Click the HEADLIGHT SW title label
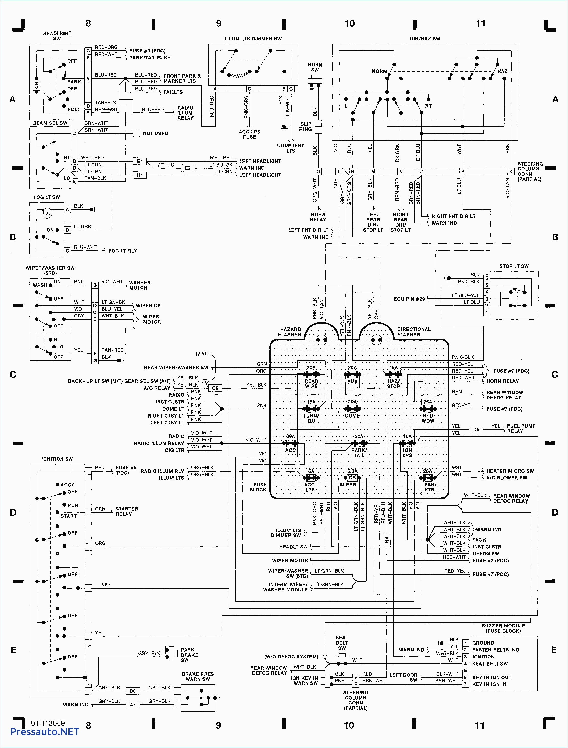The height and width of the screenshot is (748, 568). click(57, 36)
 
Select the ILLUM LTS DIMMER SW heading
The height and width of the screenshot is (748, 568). click(253, 39)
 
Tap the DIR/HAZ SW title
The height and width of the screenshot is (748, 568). click(425, 39)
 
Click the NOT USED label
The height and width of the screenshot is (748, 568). click(155, 134)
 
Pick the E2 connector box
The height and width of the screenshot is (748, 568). click(188, 168)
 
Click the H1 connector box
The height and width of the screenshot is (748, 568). click(140, 175)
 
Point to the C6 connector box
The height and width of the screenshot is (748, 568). click(215, 388)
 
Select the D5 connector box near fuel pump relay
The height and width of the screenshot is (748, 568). click(476, 430)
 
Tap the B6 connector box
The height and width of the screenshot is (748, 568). click(133, 691)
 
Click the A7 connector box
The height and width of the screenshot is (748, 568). click(133, 705)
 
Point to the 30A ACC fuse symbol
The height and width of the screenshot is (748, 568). click(291, 443)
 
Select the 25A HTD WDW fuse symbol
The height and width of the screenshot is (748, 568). click(428, 409)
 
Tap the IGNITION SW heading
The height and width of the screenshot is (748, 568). click(57, 459)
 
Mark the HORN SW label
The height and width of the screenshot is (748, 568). click(315, 67)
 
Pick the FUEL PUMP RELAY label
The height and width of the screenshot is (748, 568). click(521, 429)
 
